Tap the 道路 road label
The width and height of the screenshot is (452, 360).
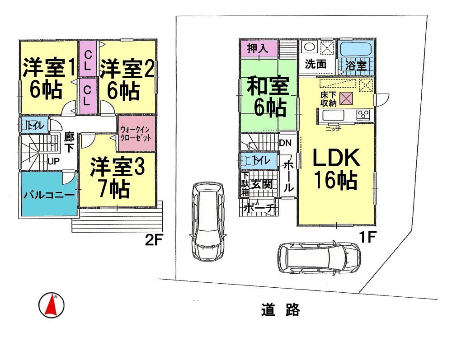coord(280,310)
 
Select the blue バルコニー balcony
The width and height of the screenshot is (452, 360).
coord(49,196)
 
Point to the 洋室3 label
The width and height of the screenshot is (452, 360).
coord(117,167)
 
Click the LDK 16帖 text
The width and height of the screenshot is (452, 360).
coord(336,169)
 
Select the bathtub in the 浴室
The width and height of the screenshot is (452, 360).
coord(355,49)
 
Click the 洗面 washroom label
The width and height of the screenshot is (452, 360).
coord(315,64)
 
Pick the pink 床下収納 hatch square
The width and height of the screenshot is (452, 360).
coord(347,98)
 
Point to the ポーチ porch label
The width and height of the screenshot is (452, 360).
coord(259,208)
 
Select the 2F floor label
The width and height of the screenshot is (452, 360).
coord(154,240)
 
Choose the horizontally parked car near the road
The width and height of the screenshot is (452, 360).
coord(319,259)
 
